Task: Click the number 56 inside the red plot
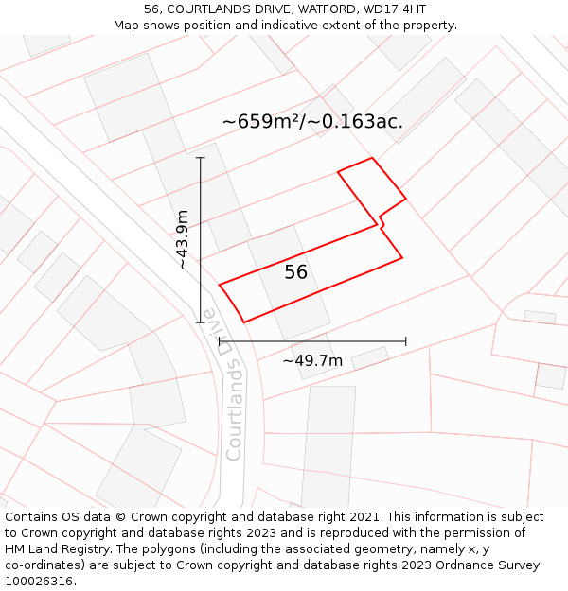(x=296, y=272)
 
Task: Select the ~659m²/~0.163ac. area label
(x=312, y=122)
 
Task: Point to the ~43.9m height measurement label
(x=183, y=239)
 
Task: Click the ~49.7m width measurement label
(x=312, y=360)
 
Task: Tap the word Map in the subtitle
(x=128, y=25)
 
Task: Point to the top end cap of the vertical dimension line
(x=201, y=158)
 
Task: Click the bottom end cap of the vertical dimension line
(x=201, y=322)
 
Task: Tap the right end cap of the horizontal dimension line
(x=406, y=341)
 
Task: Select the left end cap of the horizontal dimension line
(x=219, y=341)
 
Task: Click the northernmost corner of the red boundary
(x=372, y=158)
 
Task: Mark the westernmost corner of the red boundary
(x=220, y=284)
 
